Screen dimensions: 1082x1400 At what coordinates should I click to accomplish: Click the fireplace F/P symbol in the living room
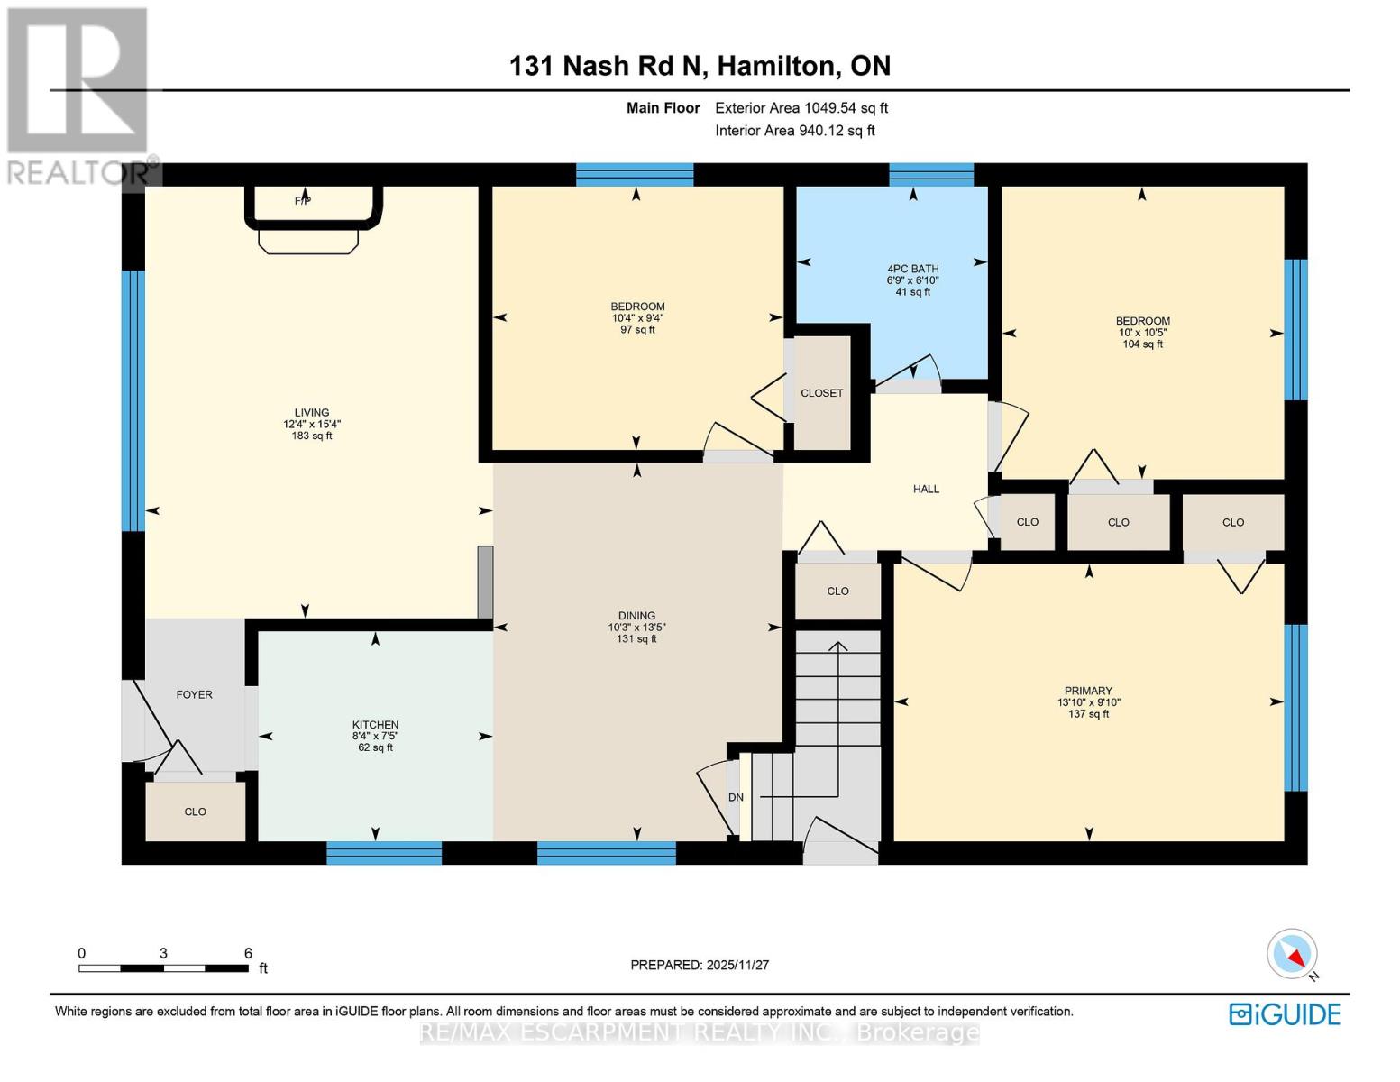click(304, 200)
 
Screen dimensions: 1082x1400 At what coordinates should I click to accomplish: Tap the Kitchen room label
click(375, 725)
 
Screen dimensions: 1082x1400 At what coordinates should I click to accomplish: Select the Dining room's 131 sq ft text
click(636, 639)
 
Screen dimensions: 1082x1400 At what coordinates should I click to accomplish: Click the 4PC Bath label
click(912, 269)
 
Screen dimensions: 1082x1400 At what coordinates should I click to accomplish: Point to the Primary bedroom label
click(1088, 691)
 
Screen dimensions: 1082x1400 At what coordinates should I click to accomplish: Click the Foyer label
click(194, 694)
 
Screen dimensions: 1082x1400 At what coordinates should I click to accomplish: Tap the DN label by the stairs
click(736, 797)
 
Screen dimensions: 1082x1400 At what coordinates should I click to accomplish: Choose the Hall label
click(926, 489)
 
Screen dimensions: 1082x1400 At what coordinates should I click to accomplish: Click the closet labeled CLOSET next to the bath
click(821, 393)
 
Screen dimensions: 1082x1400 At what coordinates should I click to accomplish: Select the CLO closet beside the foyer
click(195, 811)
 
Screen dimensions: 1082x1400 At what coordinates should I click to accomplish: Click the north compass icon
click(1293, 954)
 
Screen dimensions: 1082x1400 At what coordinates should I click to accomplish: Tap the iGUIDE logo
click(1285, 1014)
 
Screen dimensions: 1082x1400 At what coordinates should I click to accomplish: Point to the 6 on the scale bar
click(248, 953)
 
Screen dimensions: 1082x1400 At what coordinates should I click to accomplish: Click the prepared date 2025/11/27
click(737, 965)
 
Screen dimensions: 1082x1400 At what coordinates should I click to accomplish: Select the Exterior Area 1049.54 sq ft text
click(801, 108)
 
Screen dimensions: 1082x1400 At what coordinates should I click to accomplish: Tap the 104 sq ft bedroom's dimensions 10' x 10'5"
click(1142, 333)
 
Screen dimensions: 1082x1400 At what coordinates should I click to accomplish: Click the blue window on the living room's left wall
click(133, 400)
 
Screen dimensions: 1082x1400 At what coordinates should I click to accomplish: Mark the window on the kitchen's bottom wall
click(384, 853)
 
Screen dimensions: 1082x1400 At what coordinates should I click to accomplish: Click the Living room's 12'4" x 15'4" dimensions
click(312, 424)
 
